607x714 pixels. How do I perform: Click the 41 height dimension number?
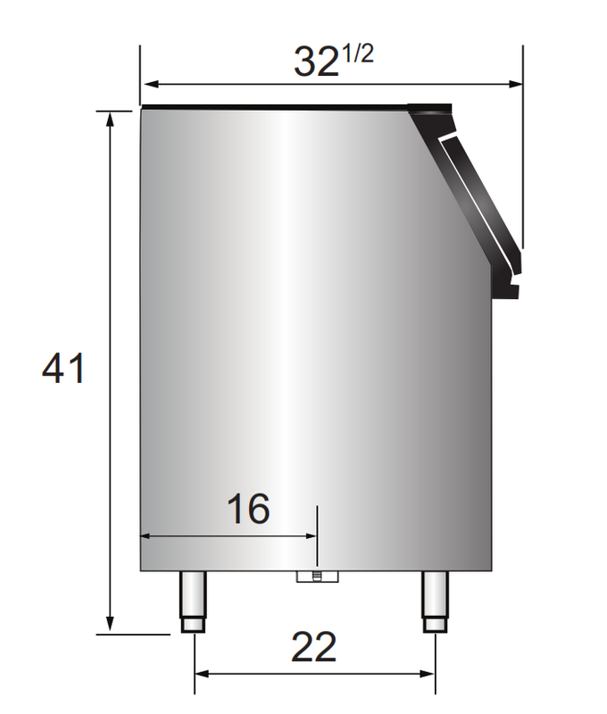click(63, 368)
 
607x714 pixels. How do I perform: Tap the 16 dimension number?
click(247, 510)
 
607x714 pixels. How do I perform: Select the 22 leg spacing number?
click(313, 647)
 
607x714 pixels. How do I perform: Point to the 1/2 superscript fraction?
click(357, 54)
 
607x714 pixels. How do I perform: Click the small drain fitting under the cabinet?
click(318, 577)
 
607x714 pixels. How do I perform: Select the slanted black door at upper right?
click(473, 196)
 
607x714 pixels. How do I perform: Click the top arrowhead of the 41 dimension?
click(111, 119)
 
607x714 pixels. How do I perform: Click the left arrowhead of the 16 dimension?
click(148, 536)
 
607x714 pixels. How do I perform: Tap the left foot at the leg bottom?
click(194, 625)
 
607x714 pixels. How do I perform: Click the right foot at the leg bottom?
click(435, 625)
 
